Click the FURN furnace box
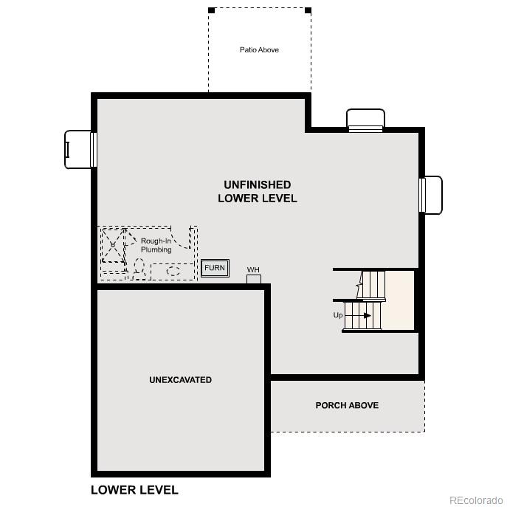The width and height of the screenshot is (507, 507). [215, 268]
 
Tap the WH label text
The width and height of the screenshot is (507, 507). [253, 270]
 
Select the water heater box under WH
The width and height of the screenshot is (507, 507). [254, 278]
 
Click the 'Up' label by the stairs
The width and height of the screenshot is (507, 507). [338, 315]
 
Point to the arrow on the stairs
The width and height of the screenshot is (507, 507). [366, 315]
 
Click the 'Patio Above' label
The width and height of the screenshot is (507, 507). [259, 50]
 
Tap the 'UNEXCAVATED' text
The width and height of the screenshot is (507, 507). [180, 380]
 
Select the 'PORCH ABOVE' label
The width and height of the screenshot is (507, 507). [347, 405]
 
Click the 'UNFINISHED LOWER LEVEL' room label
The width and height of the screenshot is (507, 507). [258, 191]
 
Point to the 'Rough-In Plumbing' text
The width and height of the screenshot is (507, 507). [156, 245]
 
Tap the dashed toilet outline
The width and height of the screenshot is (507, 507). [138, 268]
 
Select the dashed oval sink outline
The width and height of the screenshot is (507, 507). [173, 271]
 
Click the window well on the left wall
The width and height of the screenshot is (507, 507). [78, 148]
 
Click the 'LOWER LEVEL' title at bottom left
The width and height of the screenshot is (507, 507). [134, 489]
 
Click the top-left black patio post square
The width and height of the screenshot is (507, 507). [211, 10]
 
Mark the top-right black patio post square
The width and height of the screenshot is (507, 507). [308, 10]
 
